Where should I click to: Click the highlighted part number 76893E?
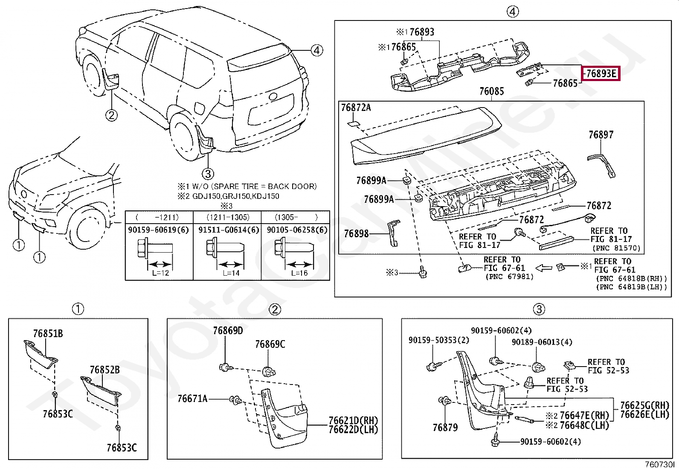coord(601,73)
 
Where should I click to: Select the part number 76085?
coord(492,91)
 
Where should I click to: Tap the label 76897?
coord(601,135)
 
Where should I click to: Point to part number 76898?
coord(356,233)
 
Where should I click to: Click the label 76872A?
coord(356,108)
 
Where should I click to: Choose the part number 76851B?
coord(48,334)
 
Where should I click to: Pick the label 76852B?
coord(104,370)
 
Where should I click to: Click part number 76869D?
coord(228,331)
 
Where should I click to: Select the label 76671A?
coord(192,398)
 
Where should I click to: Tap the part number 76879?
coord(445,428)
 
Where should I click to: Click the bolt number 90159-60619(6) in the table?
coord(159,230)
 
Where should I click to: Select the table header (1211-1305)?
coord(228,217)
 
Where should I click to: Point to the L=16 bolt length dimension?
coord(299,273)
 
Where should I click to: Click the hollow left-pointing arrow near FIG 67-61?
coord(544,268)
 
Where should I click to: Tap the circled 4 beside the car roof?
coord(317,50)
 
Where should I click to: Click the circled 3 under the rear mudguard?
coord(208,174)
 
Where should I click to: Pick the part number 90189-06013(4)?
coord(542,342)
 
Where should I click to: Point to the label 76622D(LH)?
coord(354,430)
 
